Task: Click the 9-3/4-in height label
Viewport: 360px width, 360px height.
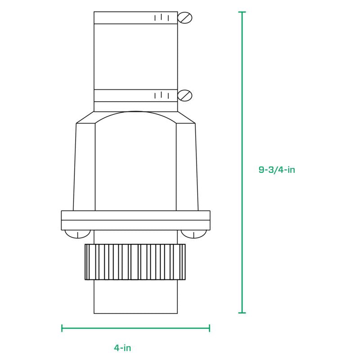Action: tap(276, 170)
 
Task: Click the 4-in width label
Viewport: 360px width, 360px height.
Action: tap(122, 347)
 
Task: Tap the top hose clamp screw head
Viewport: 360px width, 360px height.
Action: tap(185, 18)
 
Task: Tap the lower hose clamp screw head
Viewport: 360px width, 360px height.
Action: tap(185, 95)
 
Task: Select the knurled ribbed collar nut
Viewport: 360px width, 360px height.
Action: tap(135, 262)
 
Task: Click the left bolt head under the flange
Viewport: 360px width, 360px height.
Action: tap(77, 234)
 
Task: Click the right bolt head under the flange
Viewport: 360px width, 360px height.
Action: tap(194, 234)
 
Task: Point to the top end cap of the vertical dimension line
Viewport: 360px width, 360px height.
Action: tap(243, 12)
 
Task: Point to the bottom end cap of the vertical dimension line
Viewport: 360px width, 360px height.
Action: tap(243, 312)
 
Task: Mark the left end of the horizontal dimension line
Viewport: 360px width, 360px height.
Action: tap(62, 328)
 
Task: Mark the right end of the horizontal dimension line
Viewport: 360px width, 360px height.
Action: tap(209, 328)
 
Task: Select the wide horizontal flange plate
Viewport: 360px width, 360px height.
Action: tap(135, 220)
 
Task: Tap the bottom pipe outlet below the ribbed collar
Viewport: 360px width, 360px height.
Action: tap(135, 297)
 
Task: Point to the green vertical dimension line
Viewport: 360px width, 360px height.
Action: tap(243, 112)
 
